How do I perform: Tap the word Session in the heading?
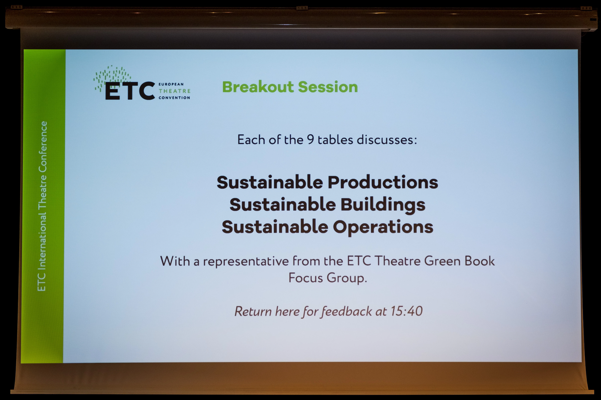[x=328, y=87]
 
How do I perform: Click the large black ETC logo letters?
[x=130, y=91]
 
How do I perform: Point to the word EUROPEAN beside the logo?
[x=171, y=84]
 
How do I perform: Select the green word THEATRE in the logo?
[x=174, y=91]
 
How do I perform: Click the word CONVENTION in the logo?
[x=174, y=97]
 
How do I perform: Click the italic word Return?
[x=253, y=311]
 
